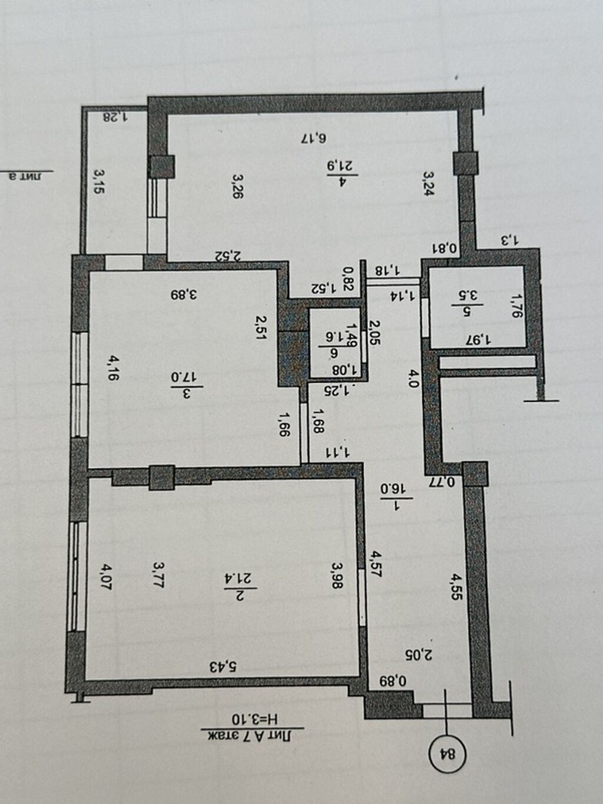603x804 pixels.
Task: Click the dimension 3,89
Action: [183, 293]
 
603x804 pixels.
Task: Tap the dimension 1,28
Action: [115, 116]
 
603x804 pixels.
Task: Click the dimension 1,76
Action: [516, 306]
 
